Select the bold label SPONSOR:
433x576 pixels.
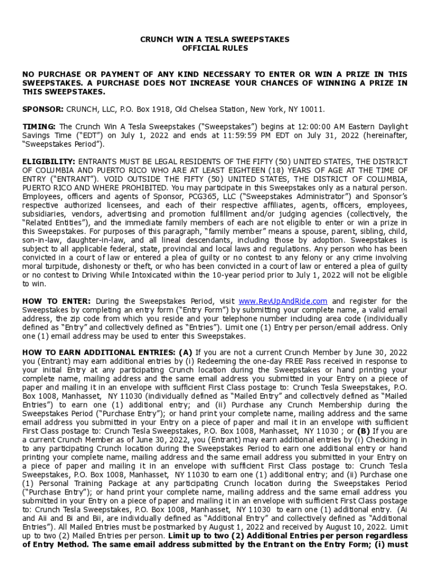[43, 109]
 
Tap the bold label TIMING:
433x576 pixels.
[39, 127]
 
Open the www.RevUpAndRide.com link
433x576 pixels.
[283, 301]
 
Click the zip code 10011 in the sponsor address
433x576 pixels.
[312, 109]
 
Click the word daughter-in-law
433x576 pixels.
[87, 240]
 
